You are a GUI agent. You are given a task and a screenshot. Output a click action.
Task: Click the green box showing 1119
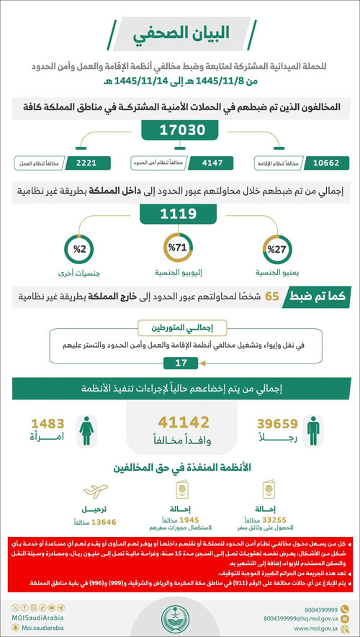(179, 214)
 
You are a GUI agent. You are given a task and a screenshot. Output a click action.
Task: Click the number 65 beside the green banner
(272, 296)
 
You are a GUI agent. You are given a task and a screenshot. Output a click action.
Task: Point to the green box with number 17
(180, 363)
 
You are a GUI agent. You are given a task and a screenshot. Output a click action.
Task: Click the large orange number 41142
(180, 423)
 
